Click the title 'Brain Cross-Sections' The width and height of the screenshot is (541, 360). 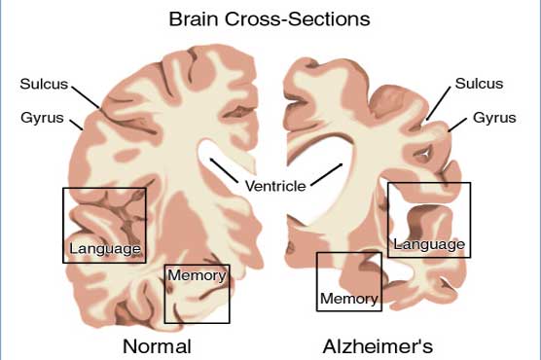[270, 18]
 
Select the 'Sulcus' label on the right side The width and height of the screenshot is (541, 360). [479, 82]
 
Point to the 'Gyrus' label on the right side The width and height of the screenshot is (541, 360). [494, 119]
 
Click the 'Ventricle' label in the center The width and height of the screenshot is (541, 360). [274, 185]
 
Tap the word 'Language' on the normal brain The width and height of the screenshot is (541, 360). [105, 248]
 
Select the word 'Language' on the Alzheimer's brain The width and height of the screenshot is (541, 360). [428, 243]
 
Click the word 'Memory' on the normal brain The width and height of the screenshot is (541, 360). [197, 275]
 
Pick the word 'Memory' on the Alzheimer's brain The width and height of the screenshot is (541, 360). [348, 298]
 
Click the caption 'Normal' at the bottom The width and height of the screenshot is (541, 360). [157, 346]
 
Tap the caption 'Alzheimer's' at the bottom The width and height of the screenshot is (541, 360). [379, 346]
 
